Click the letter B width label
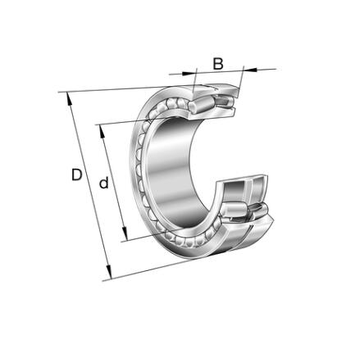point(218,63)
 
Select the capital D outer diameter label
point(76,175)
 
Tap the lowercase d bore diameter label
point(104,183)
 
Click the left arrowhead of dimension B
point(189,73)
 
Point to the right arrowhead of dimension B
point(250,70)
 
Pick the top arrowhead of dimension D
point(70,99)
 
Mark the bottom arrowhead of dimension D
point(109,272)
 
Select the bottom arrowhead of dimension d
point(125,233)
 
